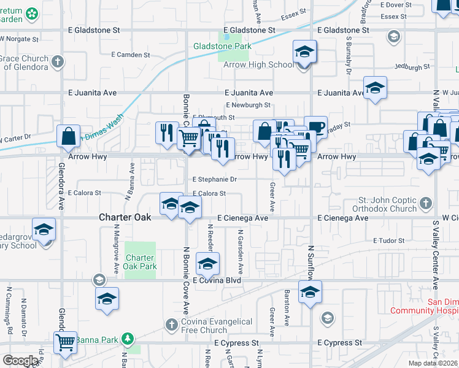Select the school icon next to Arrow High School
(304, 53)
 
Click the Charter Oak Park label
(141, 262)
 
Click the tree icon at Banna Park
(127, 338)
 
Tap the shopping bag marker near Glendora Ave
(68, 136)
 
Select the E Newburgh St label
(249, 105)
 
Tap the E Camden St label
(130, 55)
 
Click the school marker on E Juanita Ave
(374, 88)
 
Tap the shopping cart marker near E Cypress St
(64, 342)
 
